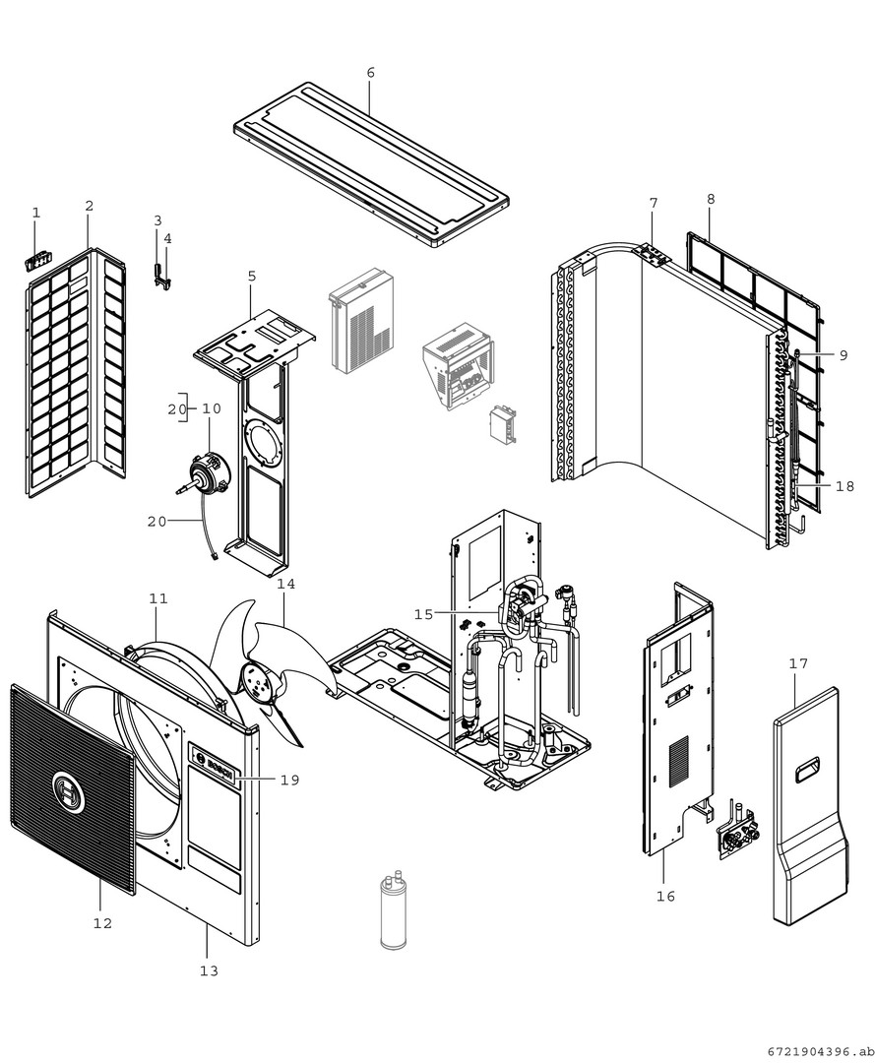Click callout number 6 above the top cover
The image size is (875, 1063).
tap(370, 73)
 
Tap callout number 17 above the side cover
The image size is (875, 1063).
tap(798, 663)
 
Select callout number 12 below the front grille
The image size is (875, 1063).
tap(102, 923)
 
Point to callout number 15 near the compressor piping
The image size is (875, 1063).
tap(423, 614)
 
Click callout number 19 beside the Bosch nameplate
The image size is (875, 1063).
tap(288, 780)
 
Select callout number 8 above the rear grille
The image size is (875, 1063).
tap(710, 199)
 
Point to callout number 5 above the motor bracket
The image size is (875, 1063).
tap(252, 277)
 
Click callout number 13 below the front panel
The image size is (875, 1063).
tap(208, 970)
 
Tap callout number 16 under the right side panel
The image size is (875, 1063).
tap(665, 896)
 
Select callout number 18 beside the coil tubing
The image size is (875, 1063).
tap(845, 485)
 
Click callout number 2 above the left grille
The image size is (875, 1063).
tap(89, 206)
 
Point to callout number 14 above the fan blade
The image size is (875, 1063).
tap(285, 584)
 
